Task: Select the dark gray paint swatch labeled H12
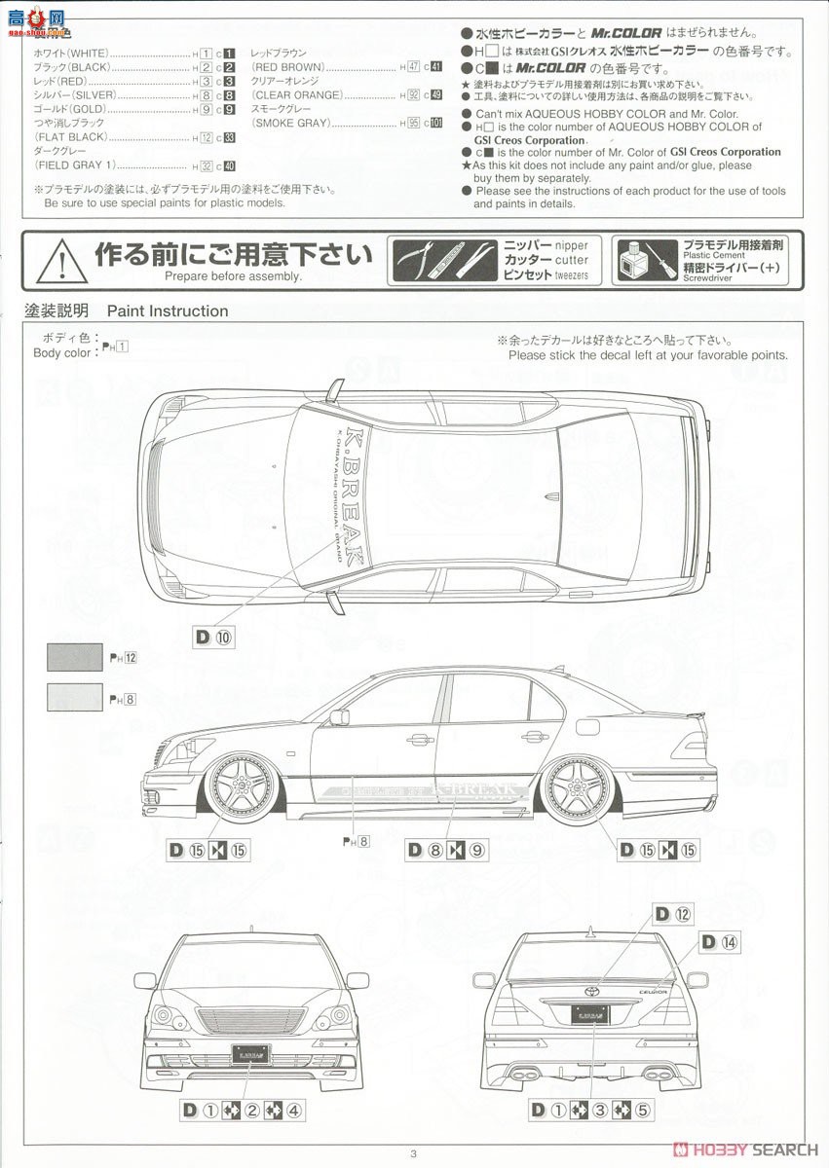pos(75,657)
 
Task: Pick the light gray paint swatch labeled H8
pos(75,697)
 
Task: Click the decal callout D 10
pos(214,638)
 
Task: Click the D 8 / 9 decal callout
pos(446,850)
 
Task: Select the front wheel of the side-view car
pos(233,788)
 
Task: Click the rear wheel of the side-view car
pos(577,788)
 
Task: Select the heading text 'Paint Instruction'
pos(168,311)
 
